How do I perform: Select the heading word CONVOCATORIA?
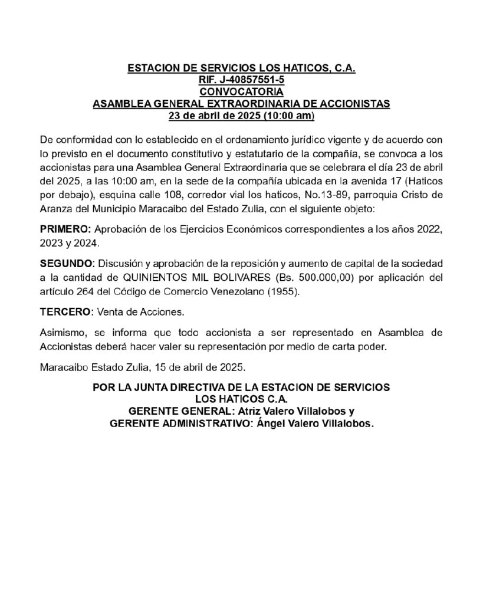pyautogui.click(x=241, y=91)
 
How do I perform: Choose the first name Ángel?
pyautogui.click(x=273, y=423)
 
